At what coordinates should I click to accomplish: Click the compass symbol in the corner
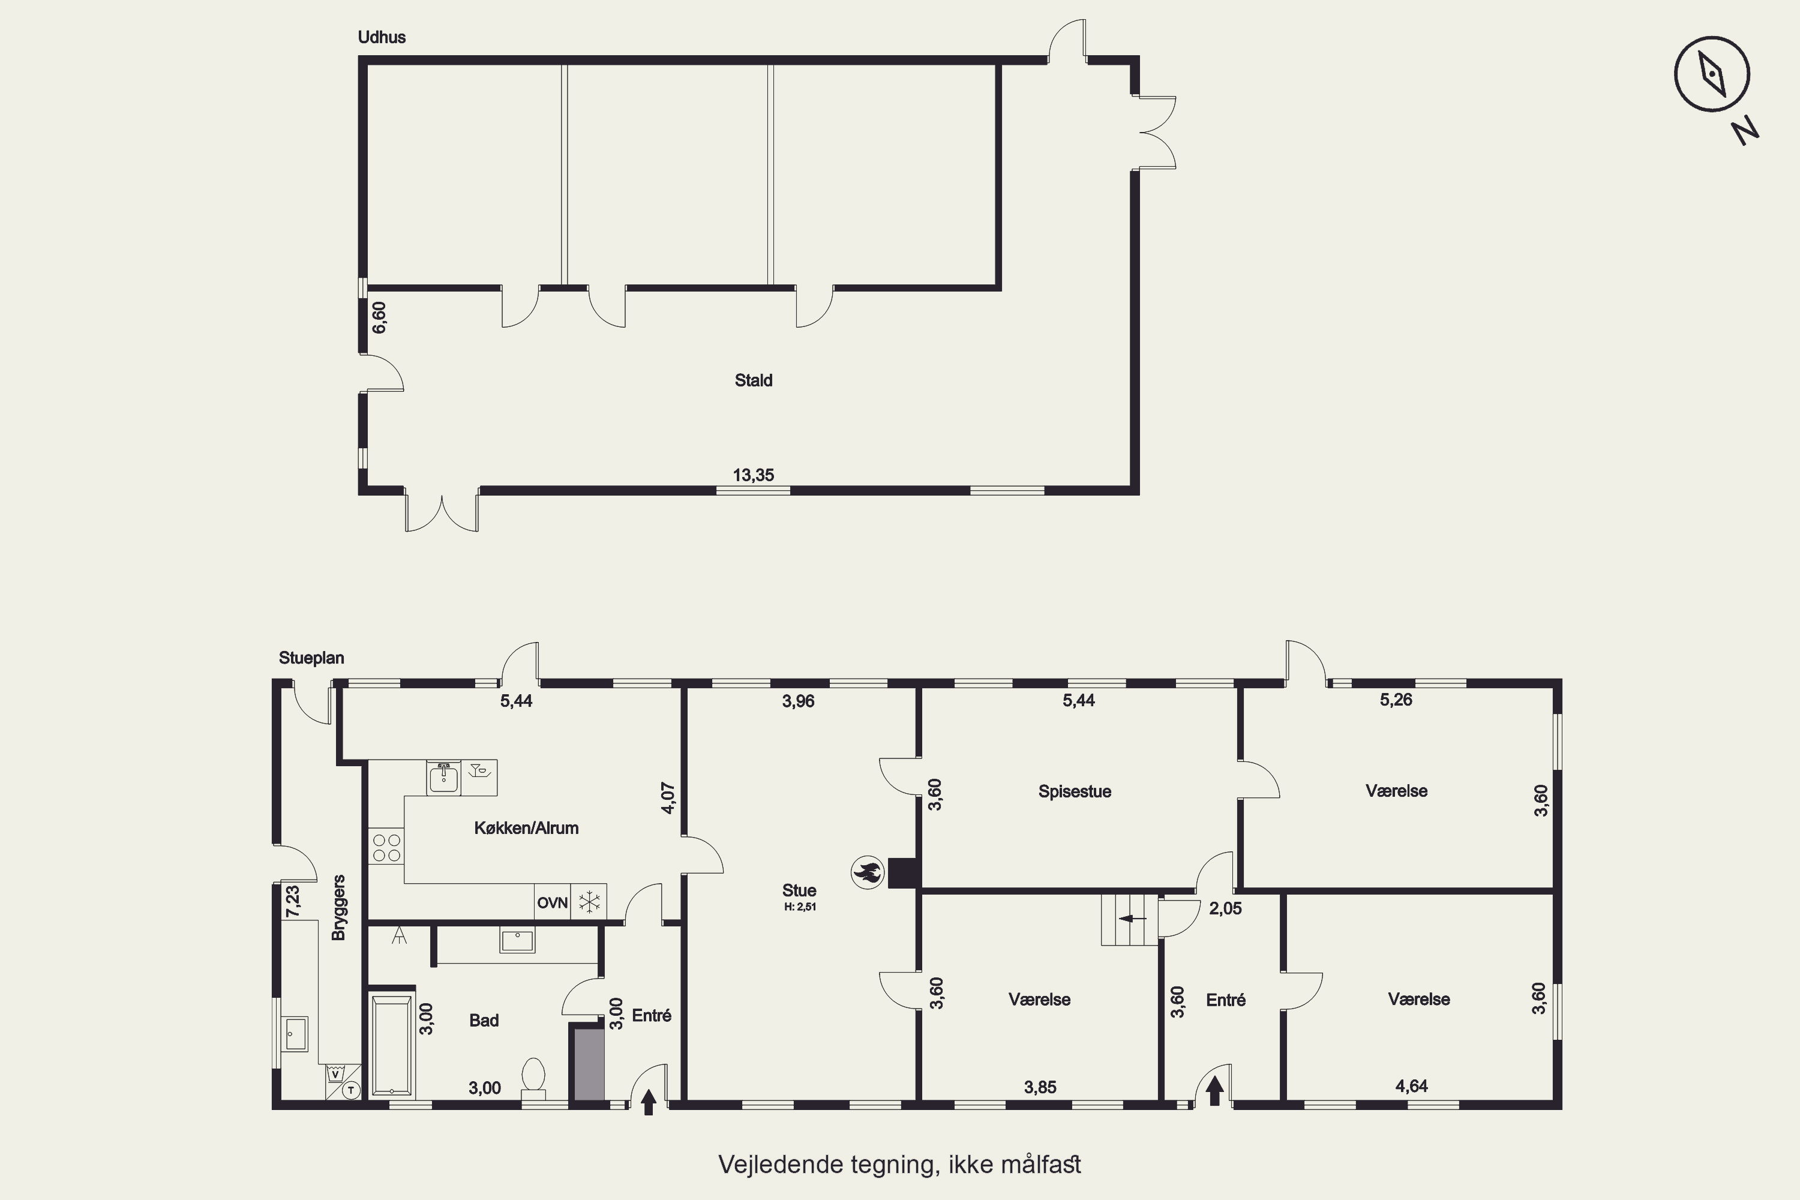tap(1711, 74)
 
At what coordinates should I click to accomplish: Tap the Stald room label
tap(753, 380)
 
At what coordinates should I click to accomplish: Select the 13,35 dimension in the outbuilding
tap(753, 475)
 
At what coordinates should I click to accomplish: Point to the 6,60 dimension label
tap(379, 317)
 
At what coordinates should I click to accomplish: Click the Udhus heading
tap(382, 37)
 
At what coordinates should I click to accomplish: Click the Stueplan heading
tap(311, 658)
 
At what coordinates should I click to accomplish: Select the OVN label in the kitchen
tap(552, 903)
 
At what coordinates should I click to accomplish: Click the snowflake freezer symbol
tap(589, 902)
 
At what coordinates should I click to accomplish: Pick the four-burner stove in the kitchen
tap(386, 847)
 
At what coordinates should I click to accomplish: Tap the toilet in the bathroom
tap(533, 1075)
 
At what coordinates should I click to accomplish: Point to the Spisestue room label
tap(1075, 791)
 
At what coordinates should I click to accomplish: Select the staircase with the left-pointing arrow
tap(1130, 919)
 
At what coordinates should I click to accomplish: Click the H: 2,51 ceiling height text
tap(799, 907)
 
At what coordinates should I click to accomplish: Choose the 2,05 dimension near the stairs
tap(1225, 908)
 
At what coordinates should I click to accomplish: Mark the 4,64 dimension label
tap(1411, 1086)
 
